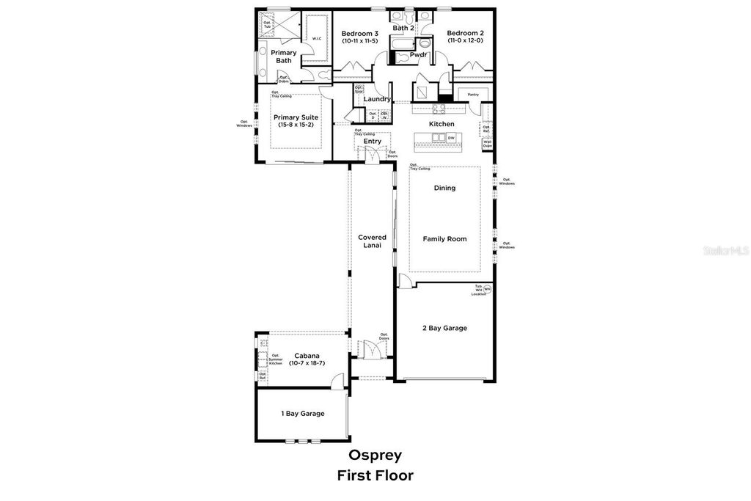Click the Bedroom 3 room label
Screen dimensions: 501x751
click(x=360, y=34)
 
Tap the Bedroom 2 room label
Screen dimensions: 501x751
click(x=465, y=34)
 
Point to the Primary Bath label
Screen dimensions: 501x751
click(x=284, y=56)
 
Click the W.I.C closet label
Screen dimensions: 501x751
click(x=317, y=38)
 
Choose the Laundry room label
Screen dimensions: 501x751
click(x=377, y=99)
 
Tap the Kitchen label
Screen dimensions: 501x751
click(x=442, y=124)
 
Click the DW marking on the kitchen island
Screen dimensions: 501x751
click(x=451, y=138)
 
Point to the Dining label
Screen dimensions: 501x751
click(x=444, y=188)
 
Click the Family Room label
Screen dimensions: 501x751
click(x=444, y=238)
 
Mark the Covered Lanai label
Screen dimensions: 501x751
click(x=372, y=241)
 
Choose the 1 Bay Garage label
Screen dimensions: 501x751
click(x=303, y=414)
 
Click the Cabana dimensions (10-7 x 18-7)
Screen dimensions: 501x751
click(x=307, y=363)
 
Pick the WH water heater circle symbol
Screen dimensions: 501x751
click(x=487, y=289)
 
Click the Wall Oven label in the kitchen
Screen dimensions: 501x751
click(x=487, y=144)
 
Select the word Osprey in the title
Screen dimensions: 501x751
click(x=375, y=455)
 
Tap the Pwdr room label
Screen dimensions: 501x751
click(x=419, y=55)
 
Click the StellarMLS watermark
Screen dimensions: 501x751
click(x=726, y=250)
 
